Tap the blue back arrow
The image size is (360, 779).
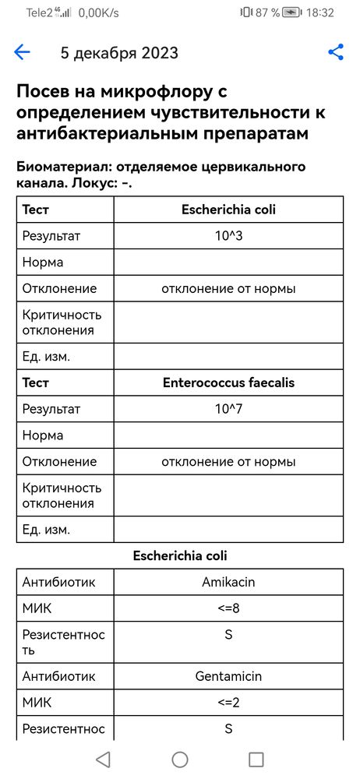pos(22,53)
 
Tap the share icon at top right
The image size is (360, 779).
pos(336,53)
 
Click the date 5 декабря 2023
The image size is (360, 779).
pos(119,53)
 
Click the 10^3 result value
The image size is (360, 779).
pos(228,235)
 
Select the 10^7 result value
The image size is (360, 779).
pos(228,408)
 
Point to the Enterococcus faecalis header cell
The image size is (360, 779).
pos(228,382)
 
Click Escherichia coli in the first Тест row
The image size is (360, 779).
pos(228,210)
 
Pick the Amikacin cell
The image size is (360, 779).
pos(228,582)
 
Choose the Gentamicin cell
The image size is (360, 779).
pos(228,676)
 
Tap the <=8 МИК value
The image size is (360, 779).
pos(228,608)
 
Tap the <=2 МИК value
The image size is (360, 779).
pos(228,703)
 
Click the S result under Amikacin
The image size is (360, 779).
pos(228,635)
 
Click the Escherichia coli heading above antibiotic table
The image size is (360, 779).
pos(180,555)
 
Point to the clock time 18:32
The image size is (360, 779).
pos(321,12)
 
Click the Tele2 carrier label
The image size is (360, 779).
pos(41,12)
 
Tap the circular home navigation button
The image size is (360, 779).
pos(180,760)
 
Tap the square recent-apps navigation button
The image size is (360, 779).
pos(256,760)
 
